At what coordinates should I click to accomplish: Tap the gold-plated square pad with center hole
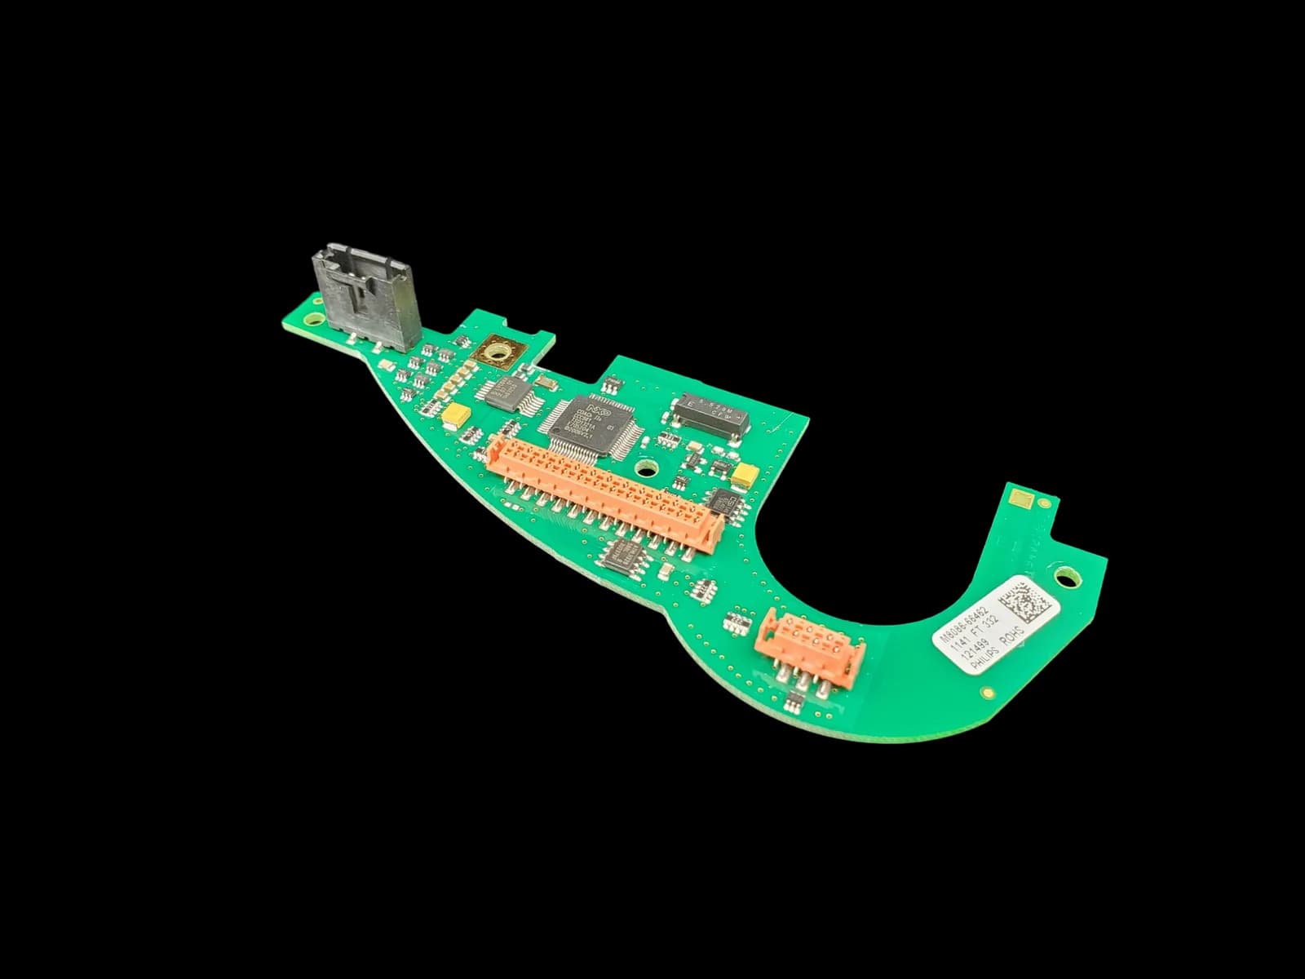pos(497,354)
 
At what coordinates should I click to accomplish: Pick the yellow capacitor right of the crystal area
pos(745,474)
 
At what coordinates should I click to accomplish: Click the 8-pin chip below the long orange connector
pos(623,554)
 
